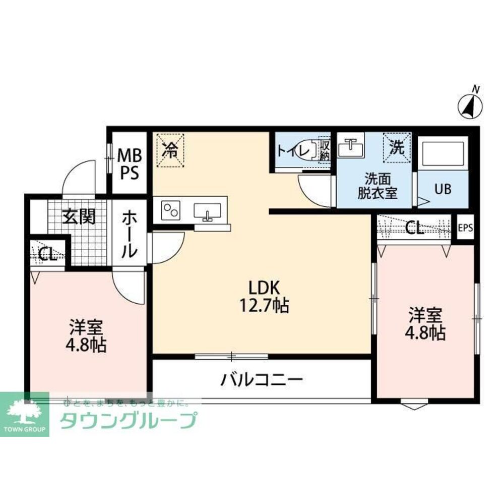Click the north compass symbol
(471, 105)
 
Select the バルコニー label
(261, 379)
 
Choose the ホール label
(129, 234)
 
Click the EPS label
(465, 228)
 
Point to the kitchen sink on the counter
(207, 211)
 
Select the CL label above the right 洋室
(414, 228)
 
